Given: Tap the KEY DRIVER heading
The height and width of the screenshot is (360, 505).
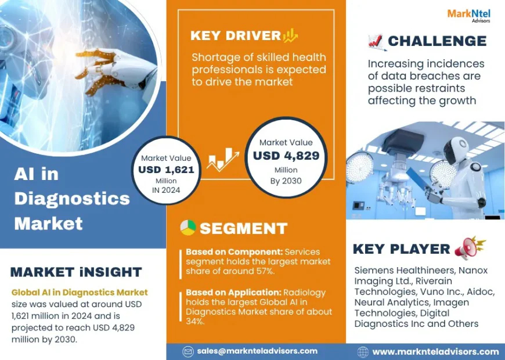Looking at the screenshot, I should click(235, 35).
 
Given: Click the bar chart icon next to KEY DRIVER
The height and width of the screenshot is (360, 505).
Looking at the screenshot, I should click(290, 35).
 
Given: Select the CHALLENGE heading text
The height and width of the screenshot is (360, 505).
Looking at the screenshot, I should click(437, 41).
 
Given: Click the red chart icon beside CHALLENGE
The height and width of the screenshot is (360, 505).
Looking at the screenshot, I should click(376, 41).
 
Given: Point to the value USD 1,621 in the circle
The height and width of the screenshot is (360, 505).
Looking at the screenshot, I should click(166, 170).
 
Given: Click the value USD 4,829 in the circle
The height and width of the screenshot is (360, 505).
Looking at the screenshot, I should click(286, 156).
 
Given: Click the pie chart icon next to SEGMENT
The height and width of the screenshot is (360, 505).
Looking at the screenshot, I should click(187, 228).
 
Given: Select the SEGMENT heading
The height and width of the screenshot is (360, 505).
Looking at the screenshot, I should click(243, 228).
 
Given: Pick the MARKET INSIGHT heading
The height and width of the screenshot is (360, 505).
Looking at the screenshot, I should click(76, 272).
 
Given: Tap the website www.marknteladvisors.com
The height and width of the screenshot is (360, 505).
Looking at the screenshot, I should click(435, 351).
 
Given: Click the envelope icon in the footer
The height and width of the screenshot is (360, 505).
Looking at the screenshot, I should click(188, 351).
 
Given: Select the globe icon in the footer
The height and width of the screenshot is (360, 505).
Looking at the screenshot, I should click(363, 351).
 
